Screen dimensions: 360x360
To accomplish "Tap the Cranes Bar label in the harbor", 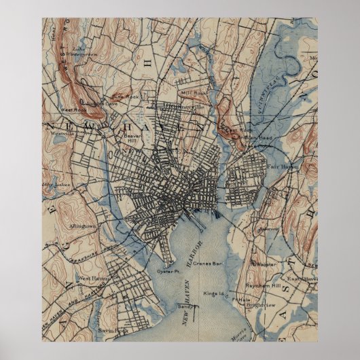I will (206, 262).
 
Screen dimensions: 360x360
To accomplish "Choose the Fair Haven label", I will (281, 165).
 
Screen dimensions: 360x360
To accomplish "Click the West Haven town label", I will (93, 278).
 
